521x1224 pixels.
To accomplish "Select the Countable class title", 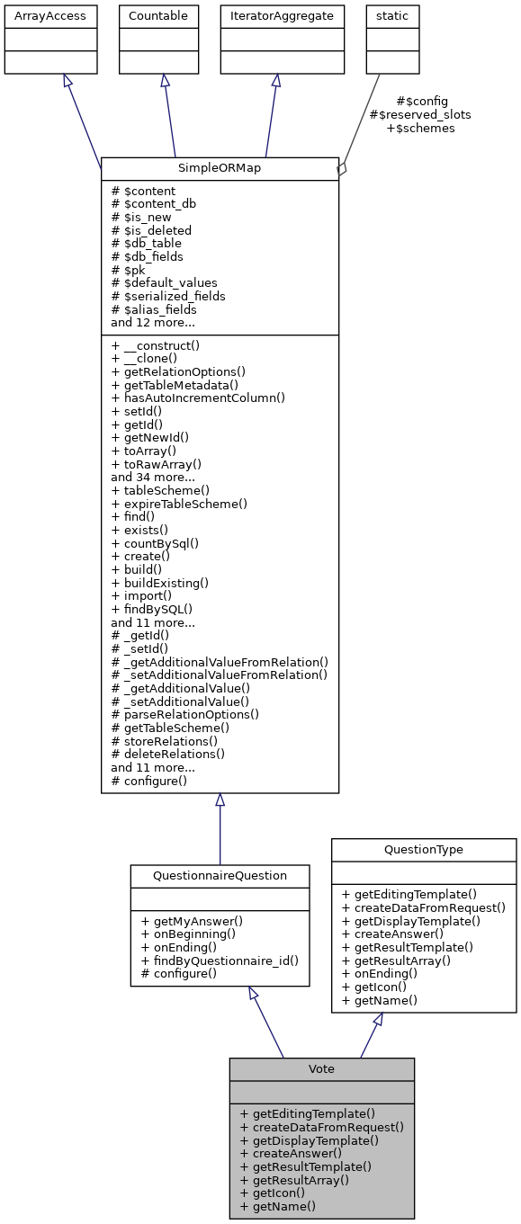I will coord(159,16).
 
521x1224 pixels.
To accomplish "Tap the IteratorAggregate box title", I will coord(283,16).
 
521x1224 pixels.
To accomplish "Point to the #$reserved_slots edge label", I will coord(420,114).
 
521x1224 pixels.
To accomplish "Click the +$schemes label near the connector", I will coord(420,128).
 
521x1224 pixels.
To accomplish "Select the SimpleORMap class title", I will coord(220,169).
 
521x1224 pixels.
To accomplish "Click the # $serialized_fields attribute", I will coord(168,296).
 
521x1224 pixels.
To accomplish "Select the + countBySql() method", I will coord(155,543).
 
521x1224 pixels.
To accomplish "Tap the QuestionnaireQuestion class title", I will coord(220,876).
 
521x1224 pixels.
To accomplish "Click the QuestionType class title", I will coord(424,849).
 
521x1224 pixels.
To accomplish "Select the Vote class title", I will coord(321,1068).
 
